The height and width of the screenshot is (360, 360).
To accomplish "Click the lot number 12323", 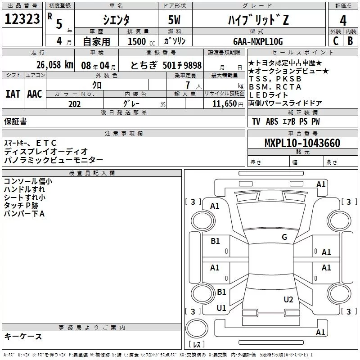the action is tap(22, 20).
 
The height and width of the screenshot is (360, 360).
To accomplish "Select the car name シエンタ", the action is tap(117, 20).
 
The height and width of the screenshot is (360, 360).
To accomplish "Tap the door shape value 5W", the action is tap(175, 20).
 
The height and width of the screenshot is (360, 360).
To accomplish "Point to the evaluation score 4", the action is tap(343, 20).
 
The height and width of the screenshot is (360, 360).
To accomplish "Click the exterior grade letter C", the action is tap(335, 41).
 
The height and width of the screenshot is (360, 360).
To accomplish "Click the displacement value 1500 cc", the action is tap(140, 41).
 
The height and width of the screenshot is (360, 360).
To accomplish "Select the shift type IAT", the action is tap(13, 94).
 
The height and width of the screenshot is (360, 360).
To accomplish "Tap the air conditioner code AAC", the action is tap(35, 94).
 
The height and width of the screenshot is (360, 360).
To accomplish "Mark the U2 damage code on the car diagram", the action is tap(288, 300).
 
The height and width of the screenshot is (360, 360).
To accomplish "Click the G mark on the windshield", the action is tap(284, 237).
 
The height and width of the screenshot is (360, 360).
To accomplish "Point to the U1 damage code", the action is tap(221, 308).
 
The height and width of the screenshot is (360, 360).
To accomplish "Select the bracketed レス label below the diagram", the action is tap(196, 345).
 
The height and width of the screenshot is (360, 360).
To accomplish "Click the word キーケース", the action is tap(23, 337).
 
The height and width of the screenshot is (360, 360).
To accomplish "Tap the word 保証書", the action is tap(15, 121).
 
